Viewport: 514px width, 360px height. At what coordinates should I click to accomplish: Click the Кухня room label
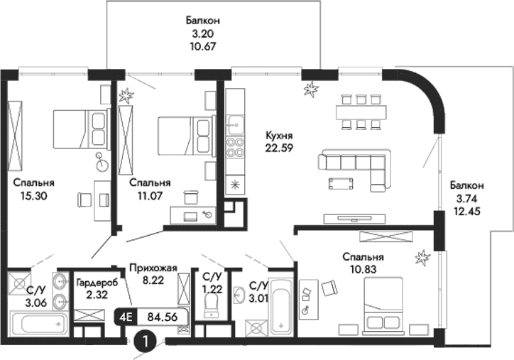pos(278,135)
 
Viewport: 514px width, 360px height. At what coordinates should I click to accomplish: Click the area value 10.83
pos(363,271)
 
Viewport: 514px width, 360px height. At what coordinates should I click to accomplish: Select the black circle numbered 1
pos(146,342)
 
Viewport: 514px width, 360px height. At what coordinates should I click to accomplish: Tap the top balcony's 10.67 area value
pos(198,47)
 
